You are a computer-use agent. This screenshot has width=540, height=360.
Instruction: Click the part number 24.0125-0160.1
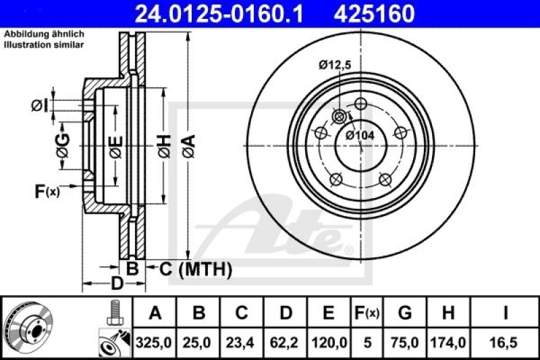tap(209, 13)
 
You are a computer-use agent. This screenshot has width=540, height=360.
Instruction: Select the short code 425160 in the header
tap(369, 13)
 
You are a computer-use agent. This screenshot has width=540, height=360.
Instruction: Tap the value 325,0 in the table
tap(156, 343)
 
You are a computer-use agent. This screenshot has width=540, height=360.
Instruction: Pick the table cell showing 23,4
tap(242, 343)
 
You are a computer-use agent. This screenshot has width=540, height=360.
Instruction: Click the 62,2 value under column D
tap(286, 343)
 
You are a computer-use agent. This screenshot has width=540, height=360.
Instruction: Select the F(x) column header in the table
tap(368, 313)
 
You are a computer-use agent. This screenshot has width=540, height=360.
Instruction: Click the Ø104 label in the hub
tap(360, 135)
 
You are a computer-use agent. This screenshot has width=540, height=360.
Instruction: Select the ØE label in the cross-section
tap(115, 145)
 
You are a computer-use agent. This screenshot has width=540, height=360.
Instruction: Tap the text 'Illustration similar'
tap(44, 45)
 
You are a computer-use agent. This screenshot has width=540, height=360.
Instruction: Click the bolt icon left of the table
tap(113, 313)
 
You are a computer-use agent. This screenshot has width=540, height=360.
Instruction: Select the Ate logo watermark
tap(283, 226)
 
